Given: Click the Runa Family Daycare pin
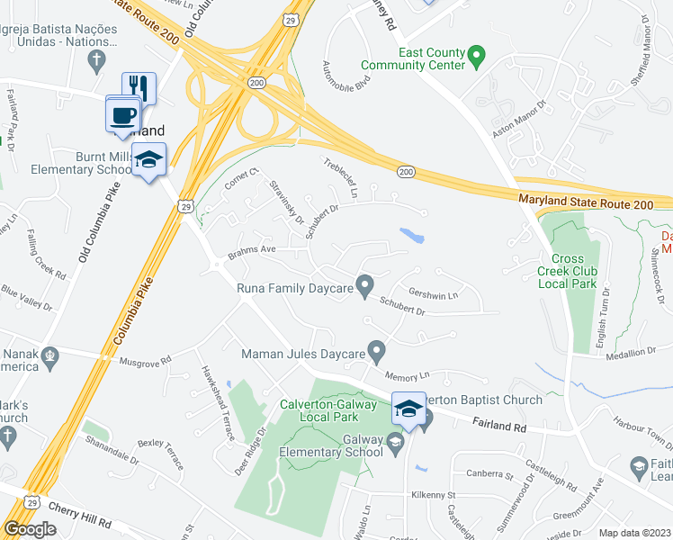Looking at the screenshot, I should click(364, 287).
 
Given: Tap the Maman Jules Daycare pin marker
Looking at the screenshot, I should click(377, 351).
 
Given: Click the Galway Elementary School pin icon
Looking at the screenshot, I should click(395, 443).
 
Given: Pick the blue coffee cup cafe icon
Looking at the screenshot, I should click(123, 113).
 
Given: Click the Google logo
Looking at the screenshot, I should click(30, 529).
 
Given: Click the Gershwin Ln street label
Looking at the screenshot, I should click(434, 293).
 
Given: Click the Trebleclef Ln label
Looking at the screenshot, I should click(342, 179).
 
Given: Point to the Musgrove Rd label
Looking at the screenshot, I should click(146, 362).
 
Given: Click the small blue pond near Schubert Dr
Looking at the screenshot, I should click(412, 236).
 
